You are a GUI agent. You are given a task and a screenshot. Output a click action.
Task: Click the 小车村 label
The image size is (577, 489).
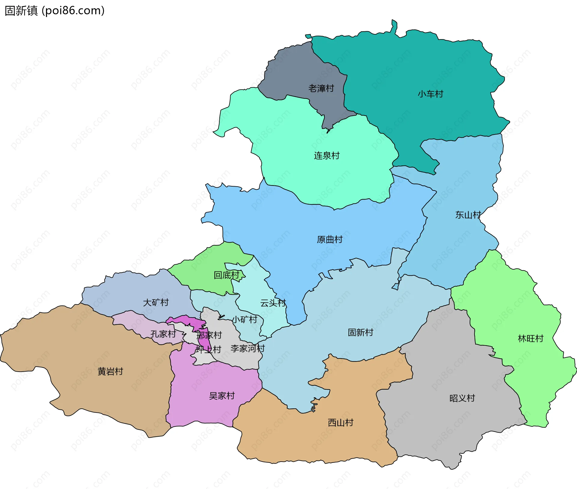(430, 94)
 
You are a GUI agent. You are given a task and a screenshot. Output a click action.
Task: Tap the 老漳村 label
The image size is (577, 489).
(321, 88)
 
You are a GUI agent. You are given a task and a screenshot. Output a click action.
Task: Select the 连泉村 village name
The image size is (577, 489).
(327, 156)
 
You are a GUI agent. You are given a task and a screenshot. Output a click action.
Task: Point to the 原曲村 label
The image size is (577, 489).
(330, 240)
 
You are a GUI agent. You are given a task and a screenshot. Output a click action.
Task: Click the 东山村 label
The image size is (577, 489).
(468, 215)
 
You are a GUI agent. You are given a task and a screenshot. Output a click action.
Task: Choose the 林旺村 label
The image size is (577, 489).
(531, 339)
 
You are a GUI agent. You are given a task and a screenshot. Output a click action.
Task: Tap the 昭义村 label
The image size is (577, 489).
(462, 398)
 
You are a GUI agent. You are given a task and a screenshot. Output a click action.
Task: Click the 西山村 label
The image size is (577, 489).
(340, 422)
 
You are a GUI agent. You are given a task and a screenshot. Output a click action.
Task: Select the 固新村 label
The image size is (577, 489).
(360, 332)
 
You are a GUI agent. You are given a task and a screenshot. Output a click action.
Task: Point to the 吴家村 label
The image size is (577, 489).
(222, 396)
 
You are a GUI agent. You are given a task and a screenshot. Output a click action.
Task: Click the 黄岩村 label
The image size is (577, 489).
(110, 371)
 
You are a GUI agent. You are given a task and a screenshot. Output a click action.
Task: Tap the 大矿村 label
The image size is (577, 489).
(156, 302)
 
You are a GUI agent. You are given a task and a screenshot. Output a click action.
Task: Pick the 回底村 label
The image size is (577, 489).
(226, 275)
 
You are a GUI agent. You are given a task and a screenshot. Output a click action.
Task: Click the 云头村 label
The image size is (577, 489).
(273, 303)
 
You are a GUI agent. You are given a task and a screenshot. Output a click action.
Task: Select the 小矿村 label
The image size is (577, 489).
(245, 319)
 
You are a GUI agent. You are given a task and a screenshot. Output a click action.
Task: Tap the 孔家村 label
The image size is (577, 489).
(163, 334)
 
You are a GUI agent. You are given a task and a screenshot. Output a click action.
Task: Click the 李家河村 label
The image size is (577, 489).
(248, 348)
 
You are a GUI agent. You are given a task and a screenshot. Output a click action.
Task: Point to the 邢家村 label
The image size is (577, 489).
(209, 335)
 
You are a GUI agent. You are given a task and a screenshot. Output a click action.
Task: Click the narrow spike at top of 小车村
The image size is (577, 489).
(394, 26)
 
